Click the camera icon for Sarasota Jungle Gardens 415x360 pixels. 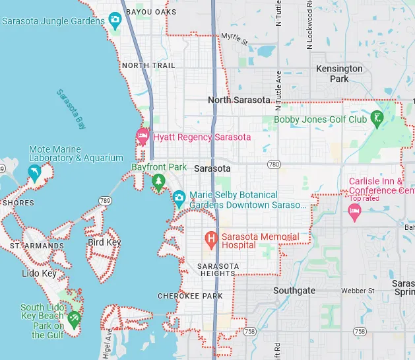[x=115, y=20]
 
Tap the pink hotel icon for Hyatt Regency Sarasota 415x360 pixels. [x=143, y=137]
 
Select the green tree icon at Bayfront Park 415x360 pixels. [x=158, y=181]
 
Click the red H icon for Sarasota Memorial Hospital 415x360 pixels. [x=211, y=238]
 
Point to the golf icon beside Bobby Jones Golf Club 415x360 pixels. [x=377, y=120]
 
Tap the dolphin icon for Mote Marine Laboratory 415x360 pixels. [x=34, y=174]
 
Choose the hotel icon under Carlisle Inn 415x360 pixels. [x=354, y=211]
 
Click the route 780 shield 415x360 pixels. [x=274, y=164]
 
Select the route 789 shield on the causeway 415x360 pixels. [x=104, y=200]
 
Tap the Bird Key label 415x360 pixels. [x=104, y=242]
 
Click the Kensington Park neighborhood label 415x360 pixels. [x=339, y=73]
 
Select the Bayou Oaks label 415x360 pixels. [x=150, y=12]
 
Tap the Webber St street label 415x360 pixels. [x=358, y=291]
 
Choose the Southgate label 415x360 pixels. [x=294, y=291]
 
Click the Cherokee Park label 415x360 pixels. [x=190, y=296]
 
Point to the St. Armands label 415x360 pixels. [x=37, y=246]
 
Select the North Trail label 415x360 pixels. [x=148, y=65]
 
